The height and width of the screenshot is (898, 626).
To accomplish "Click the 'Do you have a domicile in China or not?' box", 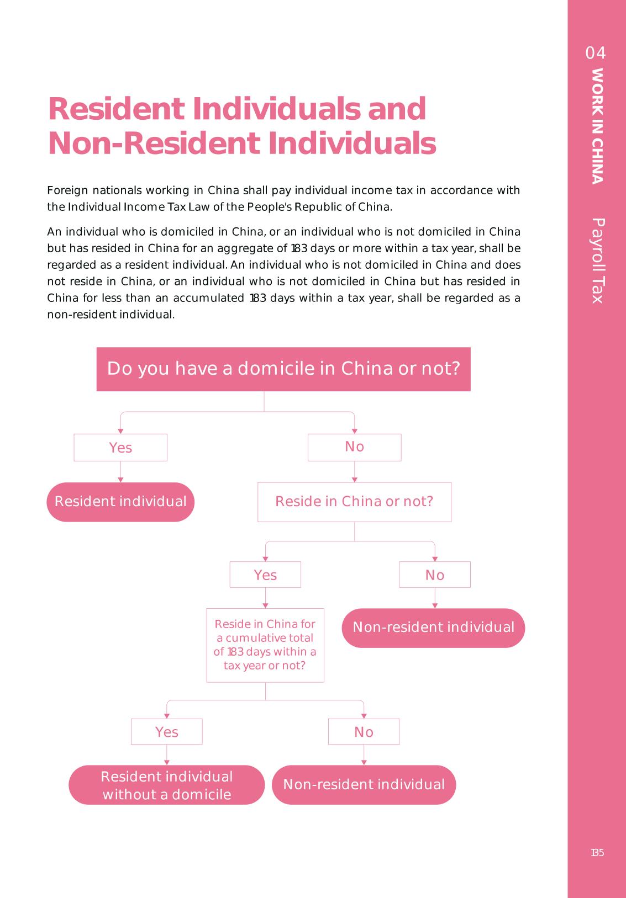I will coord(283,369).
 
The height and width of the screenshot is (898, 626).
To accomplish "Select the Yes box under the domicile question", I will coord(120,447).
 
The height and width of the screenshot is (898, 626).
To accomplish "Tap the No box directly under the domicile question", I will coord(354,447).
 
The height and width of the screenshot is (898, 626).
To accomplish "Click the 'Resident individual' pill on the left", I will coord(120,502).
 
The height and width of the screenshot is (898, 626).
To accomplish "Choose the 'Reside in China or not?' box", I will coord(354,502).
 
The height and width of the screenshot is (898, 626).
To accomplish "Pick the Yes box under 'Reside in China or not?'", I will coord(265,575).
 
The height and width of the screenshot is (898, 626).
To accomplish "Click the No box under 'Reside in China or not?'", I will coord(435,575).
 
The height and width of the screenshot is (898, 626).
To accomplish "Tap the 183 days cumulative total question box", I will coord(265,645).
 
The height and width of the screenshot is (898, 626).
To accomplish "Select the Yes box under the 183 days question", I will coord(166,731).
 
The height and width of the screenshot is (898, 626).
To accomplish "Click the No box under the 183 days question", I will coord(364,731).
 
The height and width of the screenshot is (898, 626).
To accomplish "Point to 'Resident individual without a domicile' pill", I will coord(166,785).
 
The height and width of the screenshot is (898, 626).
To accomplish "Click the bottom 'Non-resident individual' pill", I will coord(364,785).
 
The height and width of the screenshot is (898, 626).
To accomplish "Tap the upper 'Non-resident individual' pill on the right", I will coord(433,628).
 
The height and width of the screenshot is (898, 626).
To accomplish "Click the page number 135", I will coord(597,853).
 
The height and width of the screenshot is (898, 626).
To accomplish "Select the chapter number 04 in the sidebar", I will coord(596,53).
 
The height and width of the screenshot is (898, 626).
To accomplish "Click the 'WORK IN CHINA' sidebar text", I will coord(597,126).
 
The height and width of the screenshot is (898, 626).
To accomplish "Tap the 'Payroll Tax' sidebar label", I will coord(597,261).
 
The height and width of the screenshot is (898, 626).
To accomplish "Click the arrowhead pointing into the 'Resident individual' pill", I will coord(120,480).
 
